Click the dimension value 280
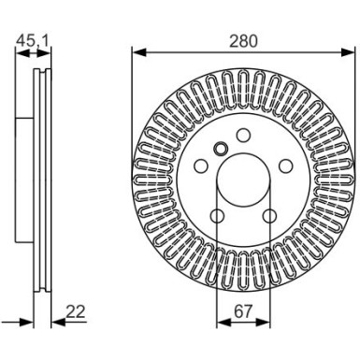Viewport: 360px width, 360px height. (x=242, y=40)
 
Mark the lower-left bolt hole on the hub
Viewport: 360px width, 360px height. (x=215, y=217)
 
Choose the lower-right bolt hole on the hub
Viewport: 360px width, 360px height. (x=269, y=217)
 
